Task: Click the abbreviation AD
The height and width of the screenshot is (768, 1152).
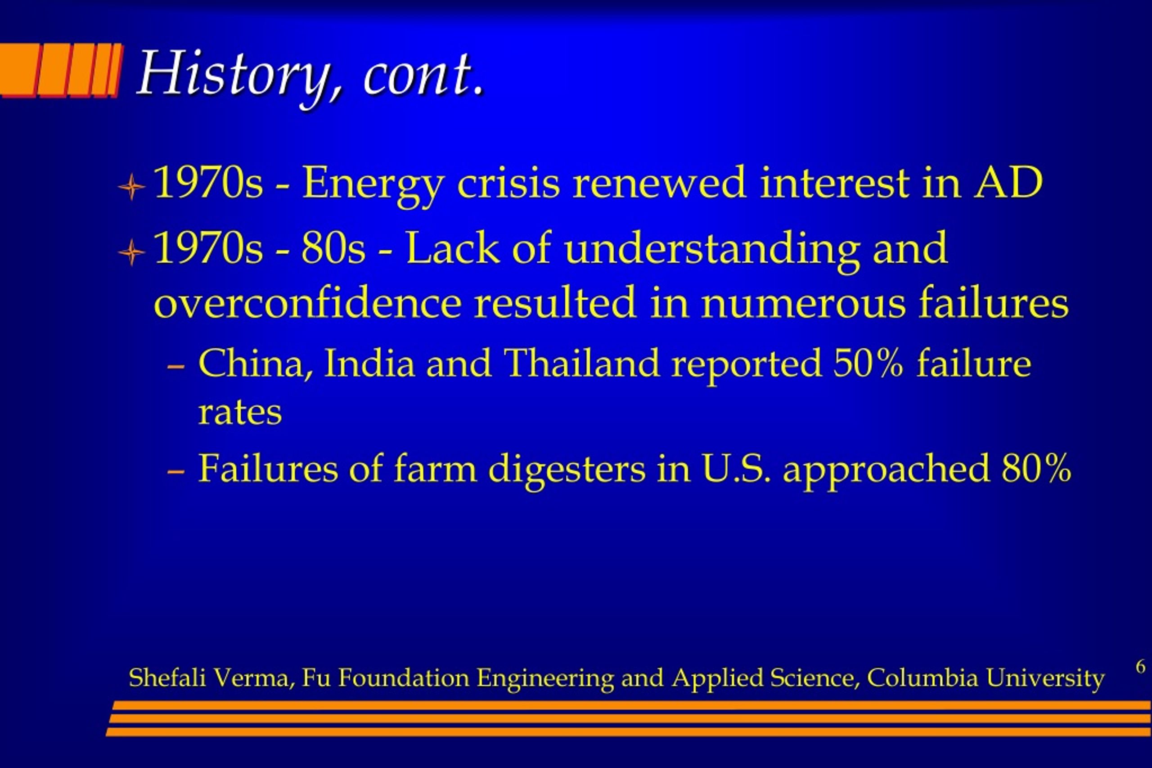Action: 1008,182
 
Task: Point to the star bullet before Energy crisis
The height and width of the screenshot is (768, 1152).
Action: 131,187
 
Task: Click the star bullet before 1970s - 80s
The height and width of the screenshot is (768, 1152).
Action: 131,253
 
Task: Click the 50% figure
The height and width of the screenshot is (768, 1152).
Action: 868,364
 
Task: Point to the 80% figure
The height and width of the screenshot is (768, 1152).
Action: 1036,468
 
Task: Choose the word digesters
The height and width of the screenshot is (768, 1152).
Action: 567,470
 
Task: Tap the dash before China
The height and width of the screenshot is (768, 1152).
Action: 175,367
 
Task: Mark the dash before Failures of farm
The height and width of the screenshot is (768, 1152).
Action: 175,472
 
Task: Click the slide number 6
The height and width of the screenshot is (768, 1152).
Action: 1141,667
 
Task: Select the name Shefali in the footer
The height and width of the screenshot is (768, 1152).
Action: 167,678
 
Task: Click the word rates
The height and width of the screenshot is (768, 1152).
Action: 240,413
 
